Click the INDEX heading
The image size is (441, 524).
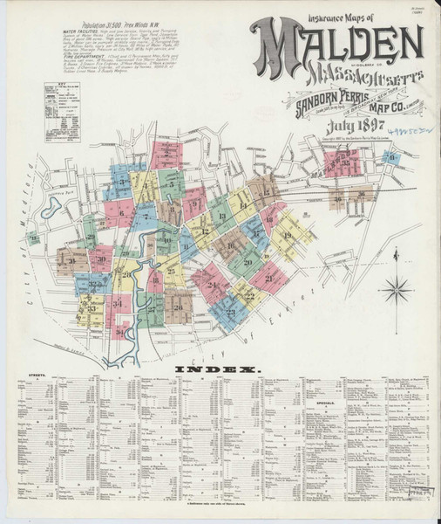(x=219, y=370)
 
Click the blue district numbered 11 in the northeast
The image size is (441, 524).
(x=393, y=157)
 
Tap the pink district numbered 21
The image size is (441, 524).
(x=268, y=278)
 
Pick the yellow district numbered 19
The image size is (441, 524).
(x=288, y=236)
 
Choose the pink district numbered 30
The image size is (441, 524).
(x=101, y=259)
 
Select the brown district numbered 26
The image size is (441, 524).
(x=179, y=306)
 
